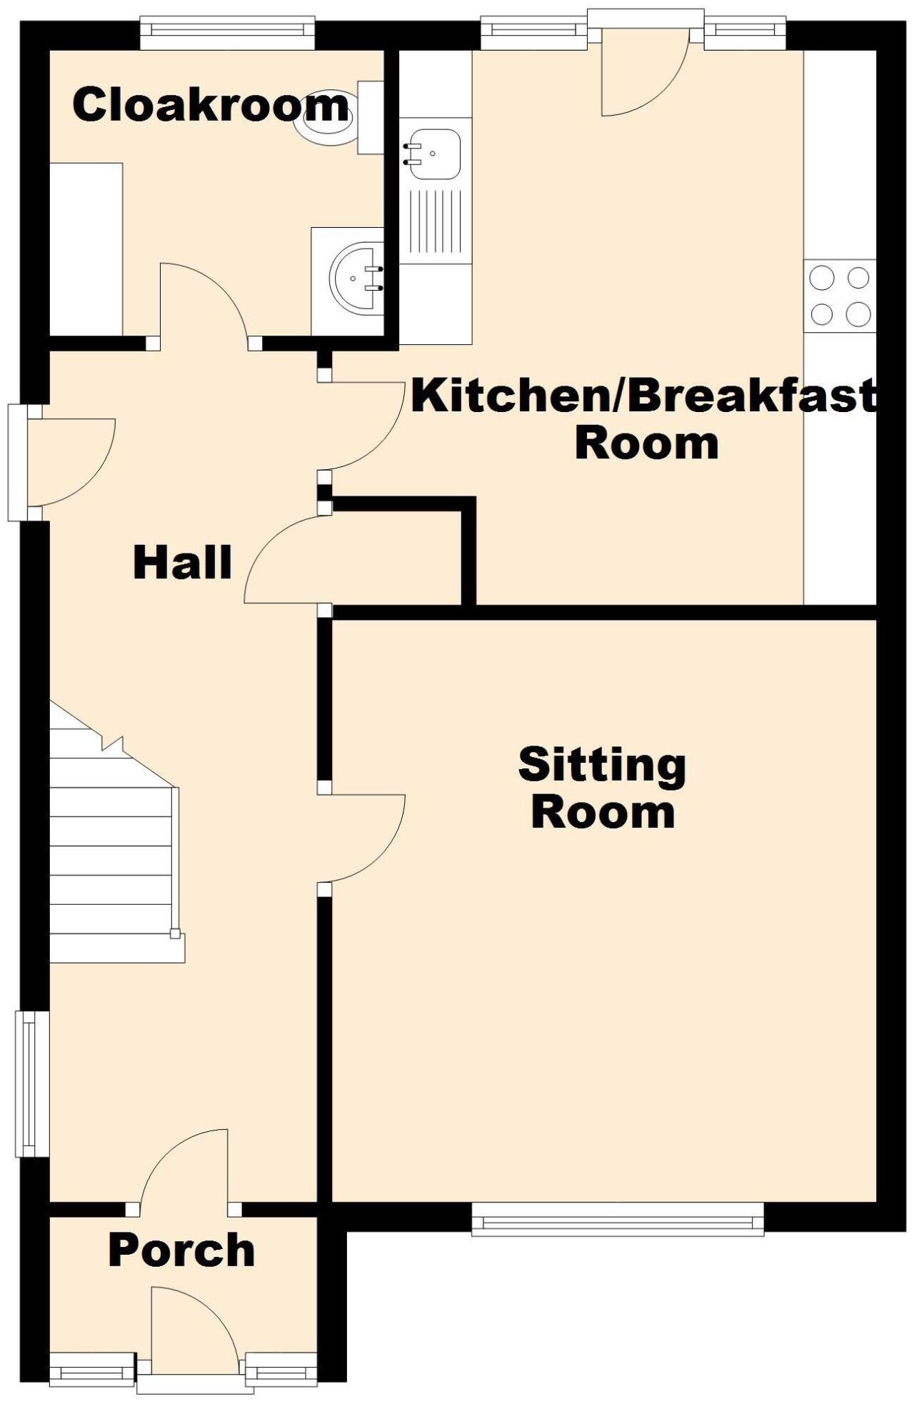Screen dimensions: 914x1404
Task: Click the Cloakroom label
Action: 211,105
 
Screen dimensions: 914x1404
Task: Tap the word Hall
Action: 183,562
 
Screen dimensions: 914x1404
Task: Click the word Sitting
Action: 602,766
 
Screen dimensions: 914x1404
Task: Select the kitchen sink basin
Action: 432,154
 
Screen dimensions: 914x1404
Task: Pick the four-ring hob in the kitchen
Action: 840,295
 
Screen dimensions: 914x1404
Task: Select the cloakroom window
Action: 228,34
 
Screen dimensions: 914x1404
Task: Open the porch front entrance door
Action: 194,1330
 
